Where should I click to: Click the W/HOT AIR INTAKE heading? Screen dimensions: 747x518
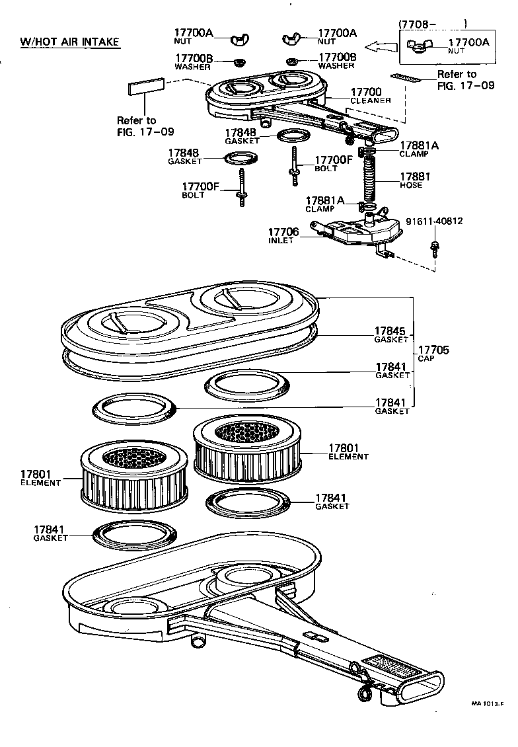click(70, 42)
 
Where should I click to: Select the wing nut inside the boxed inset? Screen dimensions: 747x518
click(419, 46)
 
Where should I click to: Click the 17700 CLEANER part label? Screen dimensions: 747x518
click(370, 96)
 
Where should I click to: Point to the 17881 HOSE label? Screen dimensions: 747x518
click(414, 180)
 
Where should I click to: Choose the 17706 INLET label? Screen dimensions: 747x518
click(283, 236)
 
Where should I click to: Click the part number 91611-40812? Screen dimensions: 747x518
click(433, 221)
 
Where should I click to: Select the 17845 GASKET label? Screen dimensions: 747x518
click(392, 334)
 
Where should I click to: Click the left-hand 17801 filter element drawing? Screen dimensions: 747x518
click(135, 475)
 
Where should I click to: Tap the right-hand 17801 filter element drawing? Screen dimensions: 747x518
click(248, 451)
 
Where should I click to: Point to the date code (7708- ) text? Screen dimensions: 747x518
click(433, 24)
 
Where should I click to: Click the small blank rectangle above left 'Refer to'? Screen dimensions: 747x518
click(147, 88)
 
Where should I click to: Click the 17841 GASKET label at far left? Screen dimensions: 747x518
click(51, 532)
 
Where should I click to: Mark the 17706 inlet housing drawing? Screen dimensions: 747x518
click(360, 229)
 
